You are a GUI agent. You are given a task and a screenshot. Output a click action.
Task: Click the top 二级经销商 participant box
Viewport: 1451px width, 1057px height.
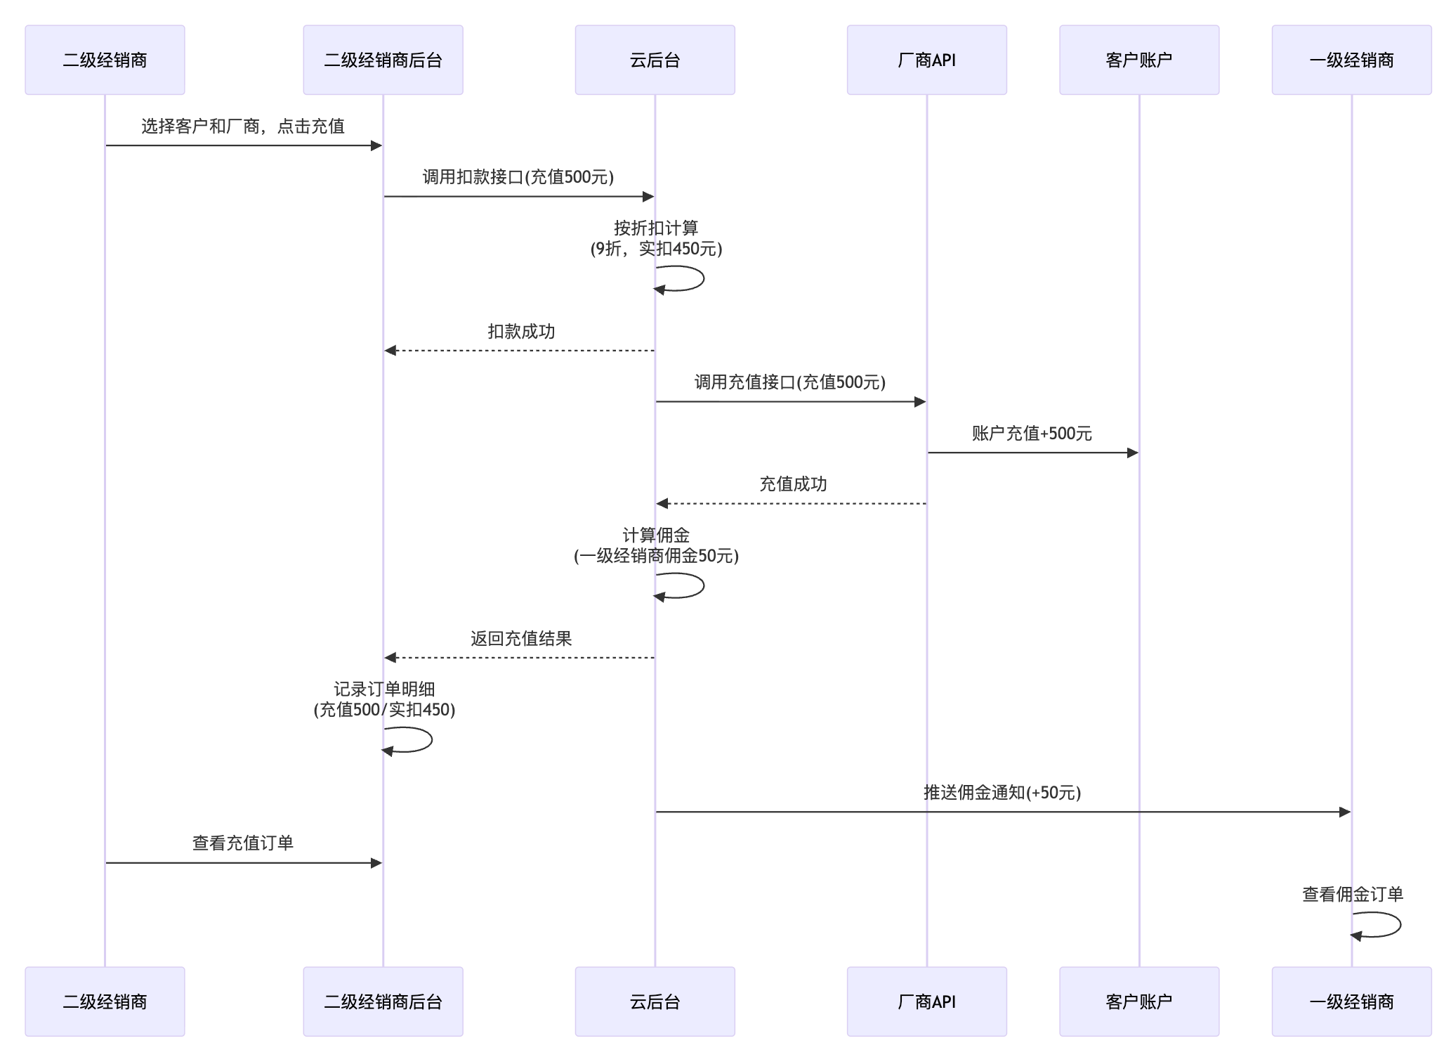click(105, 60)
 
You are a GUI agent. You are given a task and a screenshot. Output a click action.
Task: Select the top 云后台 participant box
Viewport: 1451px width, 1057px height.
click(655, 60)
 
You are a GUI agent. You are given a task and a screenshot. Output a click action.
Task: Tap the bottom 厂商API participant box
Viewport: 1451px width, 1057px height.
click(926, 1001)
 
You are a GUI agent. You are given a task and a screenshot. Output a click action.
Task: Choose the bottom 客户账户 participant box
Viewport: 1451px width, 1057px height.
click(1138, 1001)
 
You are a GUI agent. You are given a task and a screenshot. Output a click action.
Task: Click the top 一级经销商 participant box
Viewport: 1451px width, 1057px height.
click(1351, 60)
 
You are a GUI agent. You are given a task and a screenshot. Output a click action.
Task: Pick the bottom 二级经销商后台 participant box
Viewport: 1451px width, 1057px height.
click(383, 1001)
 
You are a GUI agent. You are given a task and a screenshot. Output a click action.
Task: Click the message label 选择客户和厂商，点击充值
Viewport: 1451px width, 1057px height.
click(243, 127)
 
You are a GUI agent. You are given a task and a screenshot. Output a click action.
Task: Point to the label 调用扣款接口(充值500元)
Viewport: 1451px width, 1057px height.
click(518, 177)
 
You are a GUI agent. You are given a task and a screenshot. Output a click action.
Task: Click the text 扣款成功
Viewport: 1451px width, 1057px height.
click(521, 332)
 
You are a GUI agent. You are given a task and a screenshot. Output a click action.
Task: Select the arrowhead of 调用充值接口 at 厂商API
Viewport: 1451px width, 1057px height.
click(920, 402)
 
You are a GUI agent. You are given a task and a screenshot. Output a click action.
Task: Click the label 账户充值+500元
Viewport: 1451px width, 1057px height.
click(1032, 434)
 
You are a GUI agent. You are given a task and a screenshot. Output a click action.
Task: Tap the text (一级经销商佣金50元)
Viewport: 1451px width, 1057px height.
click(656, 556)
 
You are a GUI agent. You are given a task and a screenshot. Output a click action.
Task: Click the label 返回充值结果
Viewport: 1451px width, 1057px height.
click(521, 639)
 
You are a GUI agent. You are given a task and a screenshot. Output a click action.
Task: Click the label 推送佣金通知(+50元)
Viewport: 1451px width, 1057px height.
click(1002, 793)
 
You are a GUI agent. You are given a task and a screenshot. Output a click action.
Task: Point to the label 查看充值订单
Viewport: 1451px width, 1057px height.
click(243, 843)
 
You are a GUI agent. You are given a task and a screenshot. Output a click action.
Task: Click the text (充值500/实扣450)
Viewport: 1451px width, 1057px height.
click(384, 710)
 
